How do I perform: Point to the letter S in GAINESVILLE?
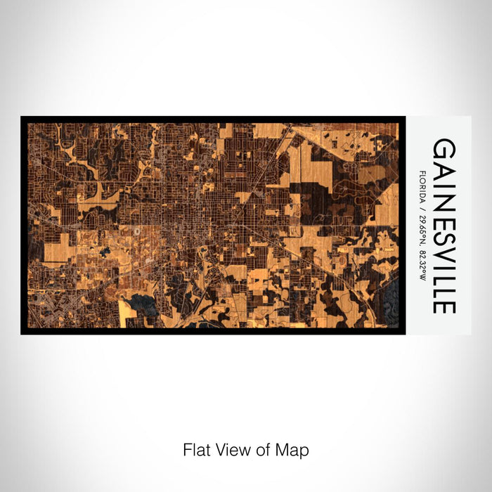click(444, 227)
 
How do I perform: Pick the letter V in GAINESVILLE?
click(444, 245)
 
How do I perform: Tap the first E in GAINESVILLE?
click(444, 211)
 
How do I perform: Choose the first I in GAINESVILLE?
click(444, 179)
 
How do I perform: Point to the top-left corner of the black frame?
click(22, 117)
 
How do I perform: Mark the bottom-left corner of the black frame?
click(22, 332)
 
